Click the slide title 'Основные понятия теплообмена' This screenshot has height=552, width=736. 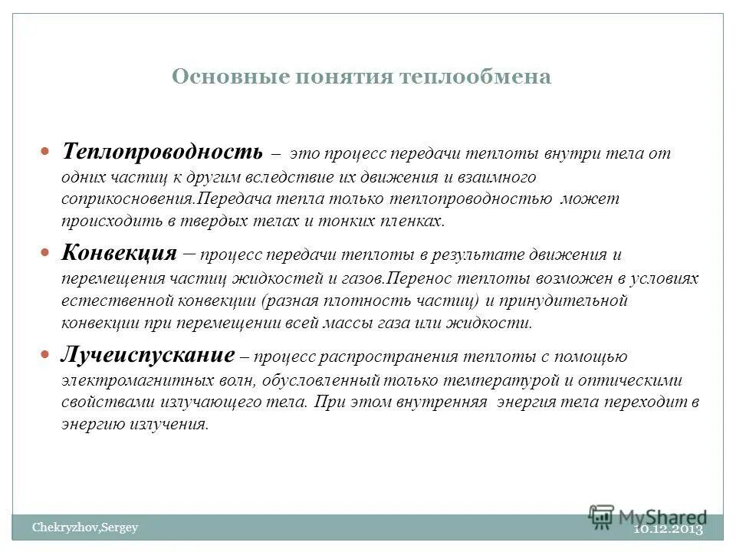tap(361, 77)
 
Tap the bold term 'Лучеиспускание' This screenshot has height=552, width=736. tap(148, 355)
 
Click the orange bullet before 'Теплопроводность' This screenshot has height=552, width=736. tap(45, 150)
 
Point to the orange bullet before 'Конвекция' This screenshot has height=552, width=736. tap(45, 252)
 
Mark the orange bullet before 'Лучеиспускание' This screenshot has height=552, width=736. tap(45, 355)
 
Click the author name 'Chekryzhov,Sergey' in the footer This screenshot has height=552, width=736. tap(84, 527)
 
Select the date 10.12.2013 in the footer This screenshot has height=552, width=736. tap(668, 530)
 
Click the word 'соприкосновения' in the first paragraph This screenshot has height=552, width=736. tap(125, 199)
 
